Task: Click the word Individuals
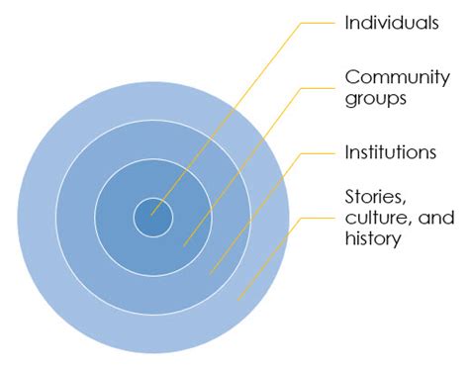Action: click(x=391, y=23)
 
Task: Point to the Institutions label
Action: click(x=392, y=152)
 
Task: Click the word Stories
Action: click(x=374, y=197)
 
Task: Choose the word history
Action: click(x=373, y=239)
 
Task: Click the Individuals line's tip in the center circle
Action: click(x=151, y=213)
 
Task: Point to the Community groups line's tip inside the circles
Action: click(x=184, y=244)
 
